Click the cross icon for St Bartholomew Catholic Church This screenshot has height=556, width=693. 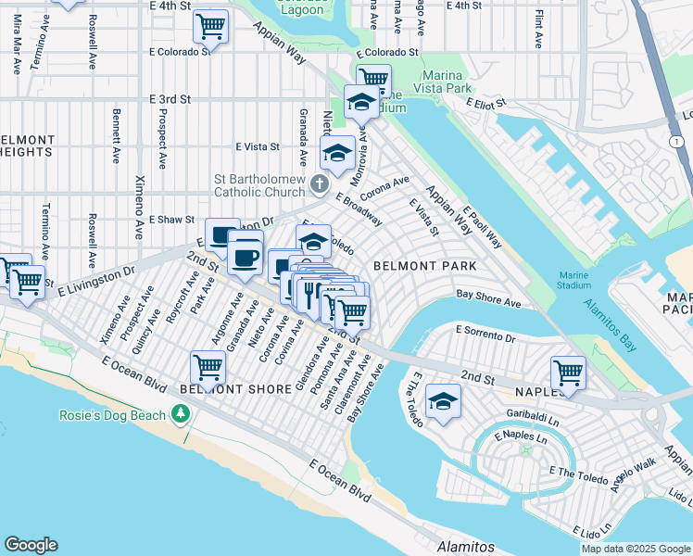coord(319,183)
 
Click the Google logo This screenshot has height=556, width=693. coord(31,545)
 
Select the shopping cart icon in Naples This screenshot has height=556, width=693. coord(568,373)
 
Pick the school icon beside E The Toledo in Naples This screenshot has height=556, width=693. coord(443,401)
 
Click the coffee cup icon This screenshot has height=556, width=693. coord(246,258)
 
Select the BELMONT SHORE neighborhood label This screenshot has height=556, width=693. coord(236,389)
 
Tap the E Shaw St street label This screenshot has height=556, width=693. coord(171,220)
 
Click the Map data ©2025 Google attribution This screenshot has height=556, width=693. coord(636,548)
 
